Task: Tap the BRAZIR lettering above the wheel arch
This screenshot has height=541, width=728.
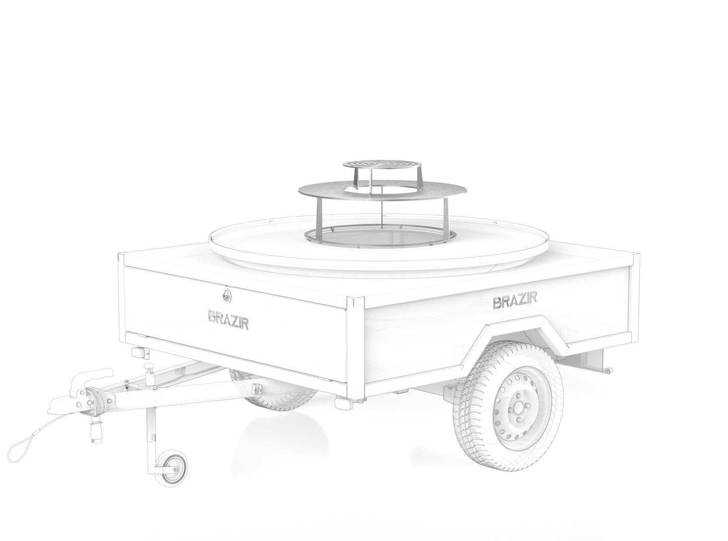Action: (515, 300)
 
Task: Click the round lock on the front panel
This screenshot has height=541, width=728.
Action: (226, 295)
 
